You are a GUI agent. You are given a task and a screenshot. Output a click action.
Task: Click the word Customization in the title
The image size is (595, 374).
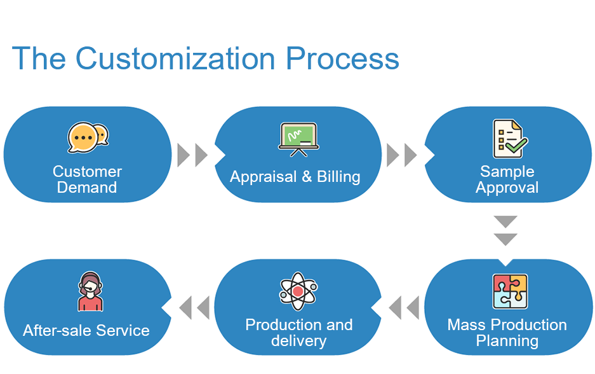click(176, 59)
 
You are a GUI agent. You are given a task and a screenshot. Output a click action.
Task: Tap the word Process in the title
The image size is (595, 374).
click(343, 59)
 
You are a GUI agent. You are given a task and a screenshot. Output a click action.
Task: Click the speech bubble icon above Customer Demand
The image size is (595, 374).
click(88, 137)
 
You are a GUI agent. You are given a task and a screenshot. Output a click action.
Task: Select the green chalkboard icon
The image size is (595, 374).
click(298, 139)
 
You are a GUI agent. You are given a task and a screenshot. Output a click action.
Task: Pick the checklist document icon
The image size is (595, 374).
click(510, 139)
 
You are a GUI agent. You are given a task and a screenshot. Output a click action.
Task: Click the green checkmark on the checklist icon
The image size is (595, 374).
click(516, 145)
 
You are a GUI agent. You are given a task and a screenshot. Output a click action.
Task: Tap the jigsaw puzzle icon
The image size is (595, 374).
click(510, 291)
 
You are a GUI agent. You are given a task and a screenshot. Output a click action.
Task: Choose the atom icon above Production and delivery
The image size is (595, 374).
click(298, 291)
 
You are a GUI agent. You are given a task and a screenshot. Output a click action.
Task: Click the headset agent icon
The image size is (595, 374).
click(90, 291)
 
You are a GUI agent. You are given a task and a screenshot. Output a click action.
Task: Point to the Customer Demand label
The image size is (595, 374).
click(87, 179)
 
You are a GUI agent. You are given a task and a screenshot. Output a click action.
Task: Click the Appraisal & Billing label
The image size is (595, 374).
click(295, 177)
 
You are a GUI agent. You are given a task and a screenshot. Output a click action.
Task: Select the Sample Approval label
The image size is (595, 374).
click(507, 179)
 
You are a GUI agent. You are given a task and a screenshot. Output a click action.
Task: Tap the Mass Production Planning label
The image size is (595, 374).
click(507, 333)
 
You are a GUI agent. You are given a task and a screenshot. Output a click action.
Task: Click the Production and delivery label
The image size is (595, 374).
click(299, 333)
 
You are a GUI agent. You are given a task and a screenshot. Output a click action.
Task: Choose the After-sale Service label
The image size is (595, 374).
click(86, 330)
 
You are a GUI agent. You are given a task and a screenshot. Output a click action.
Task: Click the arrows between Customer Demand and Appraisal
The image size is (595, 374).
click(192, 155)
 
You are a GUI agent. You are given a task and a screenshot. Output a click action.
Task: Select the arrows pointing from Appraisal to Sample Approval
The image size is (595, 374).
click(402, 155)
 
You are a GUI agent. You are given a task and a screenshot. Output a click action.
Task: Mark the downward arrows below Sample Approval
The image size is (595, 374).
click(505, 231)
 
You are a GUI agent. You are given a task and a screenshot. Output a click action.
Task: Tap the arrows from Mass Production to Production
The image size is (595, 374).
click(404, 307)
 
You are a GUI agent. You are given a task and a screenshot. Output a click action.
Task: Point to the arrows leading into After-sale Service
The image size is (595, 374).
click(194, 307)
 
